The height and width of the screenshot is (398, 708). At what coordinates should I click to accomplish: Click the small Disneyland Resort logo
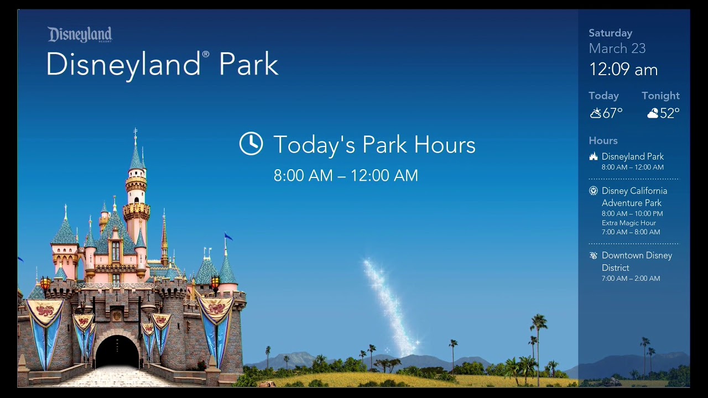tap(80, 34)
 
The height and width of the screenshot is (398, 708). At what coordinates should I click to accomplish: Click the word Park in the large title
tap(248, 65)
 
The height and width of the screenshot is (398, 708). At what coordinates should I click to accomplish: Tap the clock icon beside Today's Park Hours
tap(251, 144)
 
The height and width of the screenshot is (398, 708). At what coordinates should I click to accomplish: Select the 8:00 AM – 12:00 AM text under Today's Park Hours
tap(346, 176)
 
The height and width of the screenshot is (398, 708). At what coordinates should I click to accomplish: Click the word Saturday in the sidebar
tap(610, 33)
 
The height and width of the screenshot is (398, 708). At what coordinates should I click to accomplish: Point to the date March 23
tap(617, 49)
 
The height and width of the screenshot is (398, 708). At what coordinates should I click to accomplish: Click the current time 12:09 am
tap(623, 70)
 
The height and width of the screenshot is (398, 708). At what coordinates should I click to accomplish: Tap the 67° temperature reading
tap(612, 113)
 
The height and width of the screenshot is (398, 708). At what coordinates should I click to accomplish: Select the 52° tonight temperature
tap(669, 113)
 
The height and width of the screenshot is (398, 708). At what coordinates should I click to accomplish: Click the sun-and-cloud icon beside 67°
tap(595, 113)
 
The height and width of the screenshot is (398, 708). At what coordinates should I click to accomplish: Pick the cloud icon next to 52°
tap(653, 113)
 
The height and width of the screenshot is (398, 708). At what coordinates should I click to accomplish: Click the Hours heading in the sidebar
tap(603, 141)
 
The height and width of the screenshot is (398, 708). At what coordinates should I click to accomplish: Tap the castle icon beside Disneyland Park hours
tap(594, 156)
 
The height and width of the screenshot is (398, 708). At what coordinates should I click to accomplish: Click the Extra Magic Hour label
tap(628, 223)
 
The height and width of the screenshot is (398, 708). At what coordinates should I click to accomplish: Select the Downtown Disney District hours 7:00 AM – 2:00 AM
tap(631, 279)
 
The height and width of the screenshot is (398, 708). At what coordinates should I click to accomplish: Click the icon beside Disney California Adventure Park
tap(594, 191)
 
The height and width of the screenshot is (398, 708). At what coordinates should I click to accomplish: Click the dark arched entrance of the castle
tap(117, 352)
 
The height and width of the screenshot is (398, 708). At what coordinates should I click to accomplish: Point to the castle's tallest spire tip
tap(135, 130)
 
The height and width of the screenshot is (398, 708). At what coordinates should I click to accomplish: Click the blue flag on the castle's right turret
tap(228, 237)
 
